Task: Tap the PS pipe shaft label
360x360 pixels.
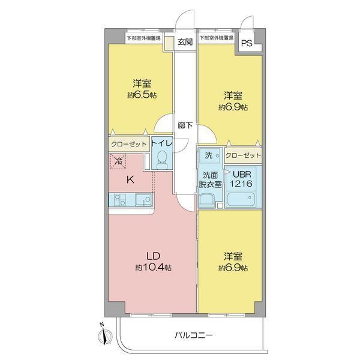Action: (x=247, y=43)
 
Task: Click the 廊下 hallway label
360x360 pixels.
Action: (x=185, y=125)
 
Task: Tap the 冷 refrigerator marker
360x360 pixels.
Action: (x=119, y=160)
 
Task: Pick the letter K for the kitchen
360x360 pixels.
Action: (x=130, y=178)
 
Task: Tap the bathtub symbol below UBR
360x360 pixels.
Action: (x=243, y=199)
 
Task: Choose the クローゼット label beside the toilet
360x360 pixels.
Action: (x=128, y=144)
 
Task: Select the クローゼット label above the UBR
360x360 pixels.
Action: (x=244, y=155)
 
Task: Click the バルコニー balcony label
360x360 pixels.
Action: (x=194, y=334)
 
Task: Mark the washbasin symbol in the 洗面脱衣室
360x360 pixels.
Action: (x=208, y=200)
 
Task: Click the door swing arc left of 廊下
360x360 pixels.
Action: (x=163, y=125)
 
